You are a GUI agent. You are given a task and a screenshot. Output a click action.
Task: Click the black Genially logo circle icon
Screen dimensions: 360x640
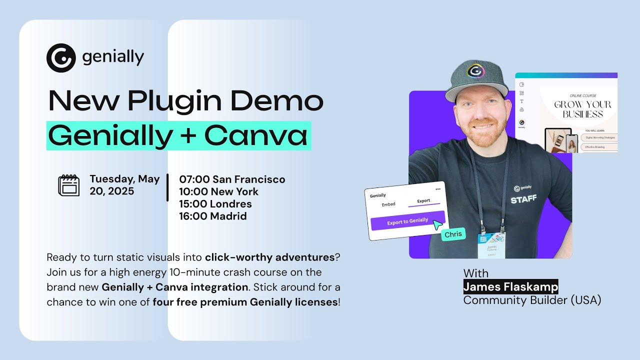(x=61, y=58)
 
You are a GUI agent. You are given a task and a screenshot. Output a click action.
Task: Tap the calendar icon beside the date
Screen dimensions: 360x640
(x=69, y=185)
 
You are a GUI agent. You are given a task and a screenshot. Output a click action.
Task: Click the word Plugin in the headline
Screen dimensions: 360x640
(x=174, y=101)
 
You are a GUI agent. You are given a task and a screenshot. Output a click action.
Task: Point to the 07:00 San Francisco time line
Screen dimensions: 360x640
(x=232, y=179)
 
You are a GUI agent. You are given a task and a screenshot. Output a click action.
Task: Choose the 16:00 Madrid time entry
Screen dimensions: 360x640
(x=213, y=216)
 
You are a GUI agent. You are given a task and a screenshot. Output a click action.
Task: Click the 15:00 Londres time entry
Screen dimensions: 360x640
(x=215, y=204)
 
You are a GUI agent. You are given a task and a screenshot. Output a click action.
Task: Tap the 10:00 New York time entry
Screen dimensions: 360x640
(x=219, y=191)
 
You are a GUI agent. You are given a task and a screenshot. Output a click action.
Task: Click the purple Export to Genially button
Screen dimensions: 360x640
(x=407, y=220)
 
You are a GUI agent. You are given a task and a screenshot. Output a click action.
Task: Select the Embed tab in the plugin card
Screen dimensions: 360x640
(x=388, y=204)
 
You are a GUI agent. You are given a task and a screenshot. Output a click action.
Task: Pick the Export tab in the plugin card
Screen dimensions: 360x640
(x=423, y=201)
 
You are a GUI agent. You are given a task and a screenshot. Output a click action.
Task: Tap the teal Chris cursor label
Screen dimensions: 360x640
(x=453, y=234)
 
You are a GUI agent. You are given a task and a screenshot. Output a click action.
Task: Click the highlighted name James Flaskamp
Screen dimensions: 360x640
(x=510, y=286)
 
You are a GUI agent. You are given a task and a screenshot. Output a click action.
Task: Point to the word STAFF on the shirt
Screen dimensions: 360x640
(x=523, y=199)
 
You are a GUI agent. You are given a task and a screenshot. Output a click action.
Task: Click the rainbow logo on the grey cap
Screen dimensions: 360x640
(x=475, y=71)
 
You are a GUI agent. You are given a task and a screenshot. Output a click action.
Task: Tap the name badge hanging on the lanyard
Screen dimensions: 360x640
(x=491, y=244)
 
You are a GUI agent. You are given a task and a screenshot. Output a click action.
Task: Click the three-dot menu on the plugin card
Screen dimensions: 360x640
(x=438, y=189)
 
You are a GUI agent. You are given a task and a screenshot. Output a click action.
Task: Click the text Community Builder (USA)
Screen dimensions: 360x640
(x=532, y=300)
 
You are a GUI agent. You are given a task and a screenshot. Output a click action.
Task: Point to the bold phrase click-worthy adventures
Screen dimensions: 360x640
(x=269, y=257)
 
